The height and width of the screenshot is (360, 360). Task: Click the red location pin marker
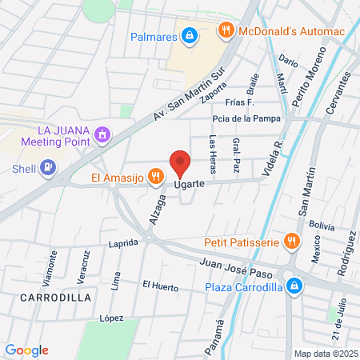pos(180,164)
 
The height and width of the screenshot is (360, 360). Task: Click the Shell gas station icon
pos(47,167)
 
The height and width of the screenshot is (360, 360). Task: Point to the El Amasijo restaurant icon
pos(155,177)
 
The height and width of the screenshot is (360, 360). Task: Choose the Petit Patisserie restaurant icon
pos(291,240)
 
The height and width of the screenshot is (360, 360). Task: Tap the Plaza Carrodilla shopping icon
pos(294,286)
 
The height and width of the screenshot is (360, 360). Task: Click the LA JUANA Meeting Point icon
pos(102,135)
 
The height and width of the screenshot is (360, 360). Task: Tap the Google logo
pos(27,350)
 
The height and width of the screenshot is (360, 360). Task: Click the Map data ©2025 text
pos(324,353)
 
